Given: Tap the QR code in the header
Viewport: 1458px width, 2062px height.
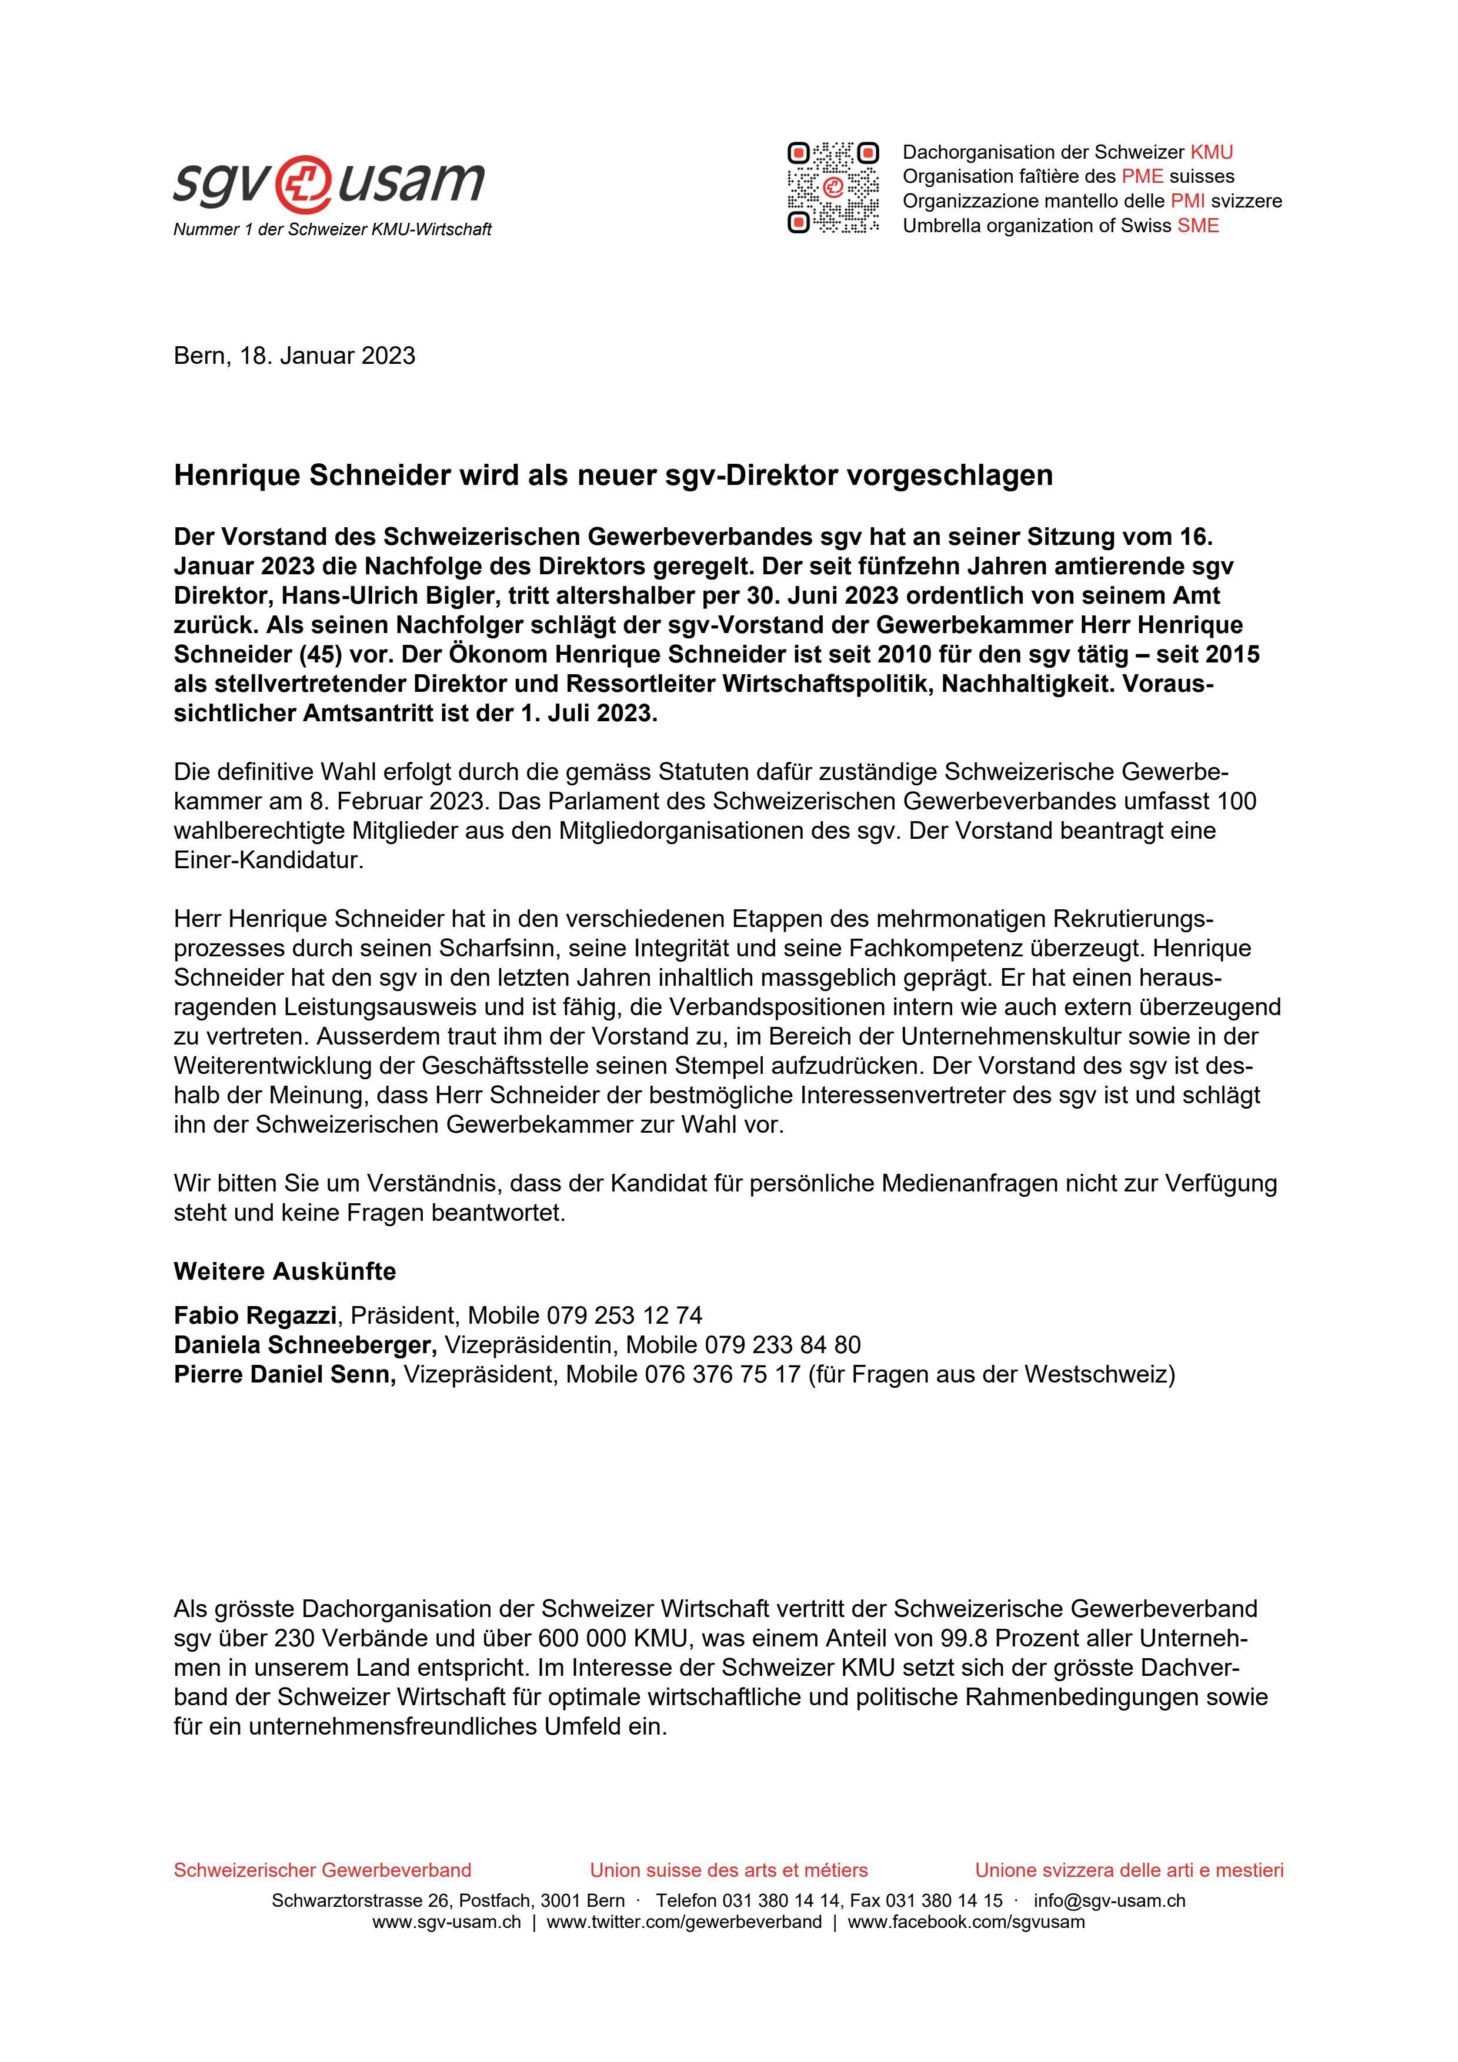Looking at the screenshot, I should coord(833,188).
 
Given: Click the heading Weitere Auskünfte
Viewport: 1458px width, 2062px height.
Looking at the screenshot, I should coord(284,1271).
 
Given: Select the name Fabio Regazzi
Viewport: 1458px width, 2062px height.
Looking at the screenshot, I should coord(255,1315).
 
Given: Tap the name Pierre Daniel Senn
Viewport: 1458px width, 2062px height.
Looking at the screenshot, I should coord(284,1374).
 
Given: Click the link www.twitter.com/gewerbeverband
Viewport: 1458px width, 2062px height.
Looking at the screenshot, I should coord(683,1922).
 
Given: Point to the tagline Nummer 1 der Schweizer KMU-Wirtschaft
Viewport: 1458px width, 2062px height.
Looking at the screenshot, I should coord(332,230).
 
